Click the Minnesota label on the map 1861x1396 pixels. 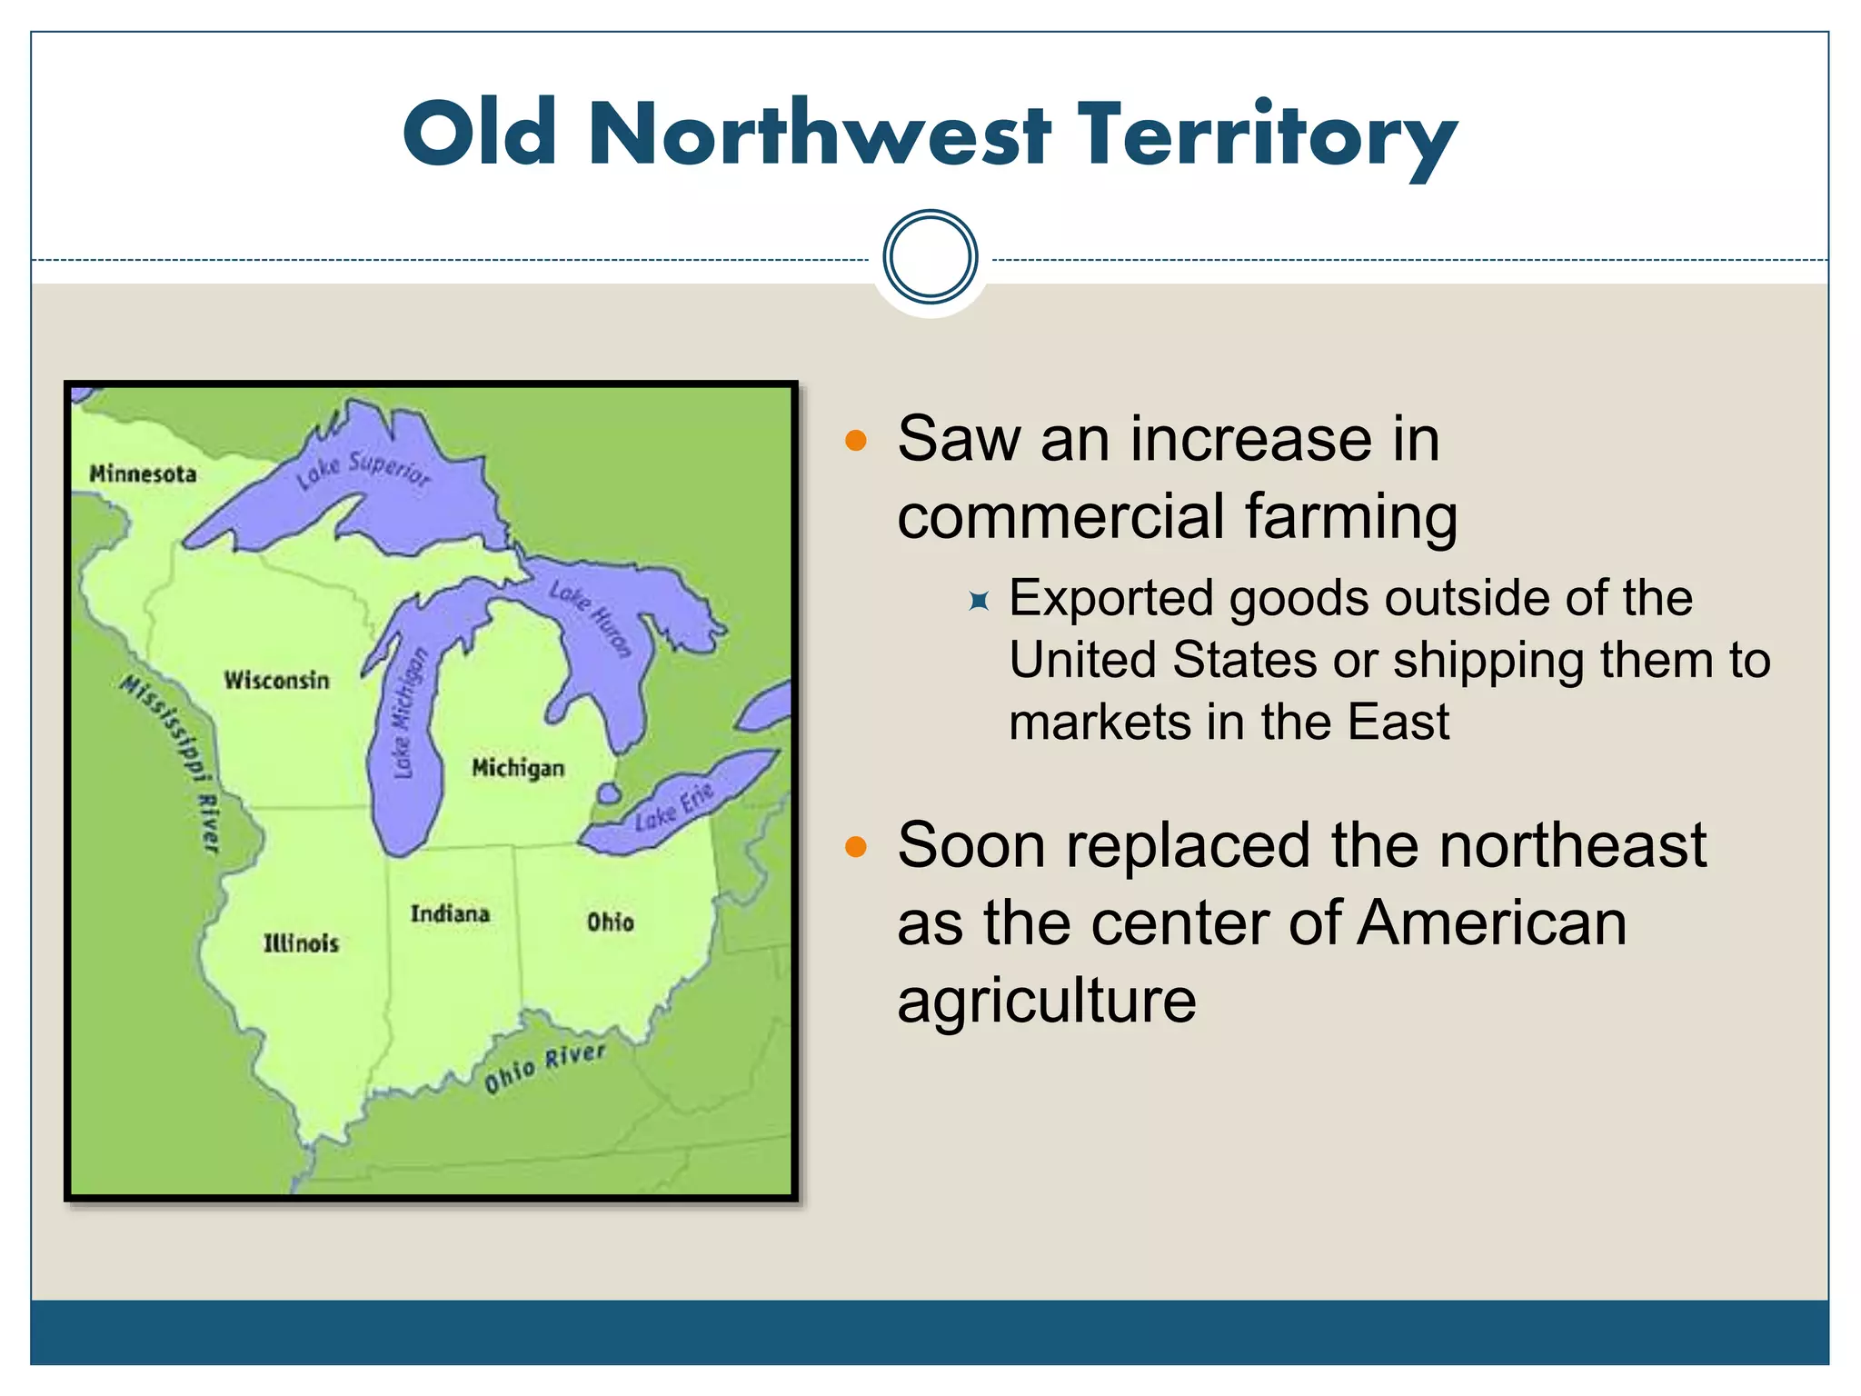coord(143,474)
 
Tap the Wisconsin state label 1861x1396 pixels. coord(276,680)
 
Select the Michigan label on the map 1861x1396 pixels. coord(518,768)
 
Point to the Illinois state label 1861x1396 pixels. coord(301,942)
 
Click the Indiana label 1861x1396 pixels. coord(450,913)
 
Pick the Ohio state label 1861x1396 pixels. coord(610,922)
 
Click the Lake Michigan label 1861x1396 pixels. coord(408,714)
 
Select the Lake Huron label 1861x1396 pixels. coord(591,618)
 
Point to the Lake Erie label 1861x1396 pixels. coord(674,805)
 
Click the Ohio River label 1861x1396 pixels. coord(544,1067)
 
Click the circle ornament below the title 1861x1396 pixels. coord(930,257)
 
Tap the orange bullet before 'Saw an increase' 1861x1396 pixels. coord(856,442)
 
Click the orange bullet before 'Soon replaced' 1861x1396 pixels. coord(856,848)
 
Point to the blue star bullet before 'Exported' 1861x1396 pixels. coord(979,601)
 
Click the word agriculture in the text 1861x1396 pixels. coord(1047,1000)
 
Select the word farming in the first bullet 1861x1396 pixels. coord(1350,516)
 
